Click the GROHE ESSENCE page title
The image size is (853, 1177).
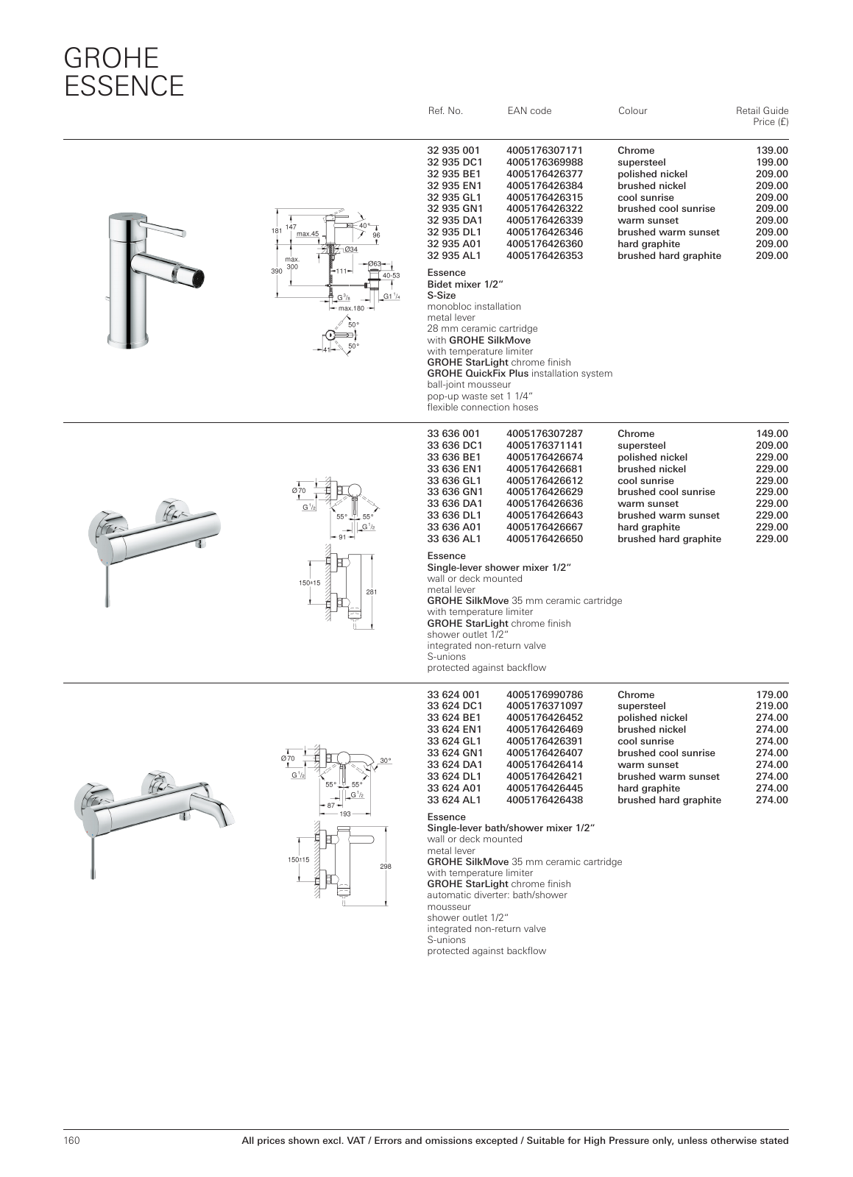[124, 72]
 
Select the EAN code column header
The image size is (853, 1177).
[529, 111]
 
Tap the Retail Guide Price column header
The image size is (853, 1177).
[762, 116]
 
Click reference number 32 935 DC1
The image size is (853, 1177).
[455, 162]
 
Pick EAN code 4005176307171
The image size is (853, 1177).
[545, 150]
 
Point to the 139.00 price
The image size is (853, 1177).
[772, 150]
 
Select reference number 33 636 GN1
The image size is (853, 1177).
[455, 492]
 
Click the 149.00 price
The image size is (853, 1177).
[772, 433]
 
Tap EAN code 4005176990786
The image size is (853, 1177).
[545, 694]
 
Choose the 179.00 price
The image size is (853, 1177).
[772, 694]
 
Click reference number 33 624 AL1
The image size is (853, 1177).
[454, 800]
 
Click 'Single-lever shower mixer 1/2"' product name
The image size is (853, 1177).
[500, 567]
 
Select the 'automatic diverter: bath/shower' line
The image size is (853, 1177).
[497, 895]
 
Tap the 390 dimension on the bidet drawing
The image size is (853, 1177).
[277, 271]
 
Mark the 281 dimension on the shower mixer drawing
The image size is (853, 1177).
[372, 592]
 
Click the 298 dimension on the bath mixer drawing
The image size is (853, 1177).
[385, 867]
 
